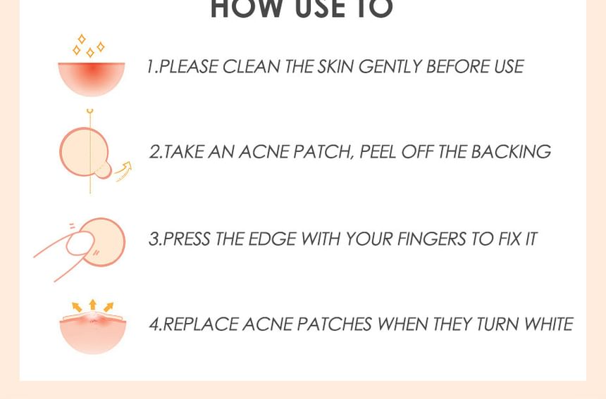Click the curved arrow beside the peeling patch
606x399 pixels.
[x=124, y=171]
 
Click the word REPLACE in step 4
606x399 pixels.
[x=200, y=324]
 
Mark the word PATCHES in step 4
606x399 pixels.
[x=334, y=324]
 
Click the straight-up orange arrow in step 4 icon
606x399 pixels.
[x=92, y=305]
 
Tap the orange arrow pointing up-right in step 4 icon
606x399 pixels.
[x=109, y=307]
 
